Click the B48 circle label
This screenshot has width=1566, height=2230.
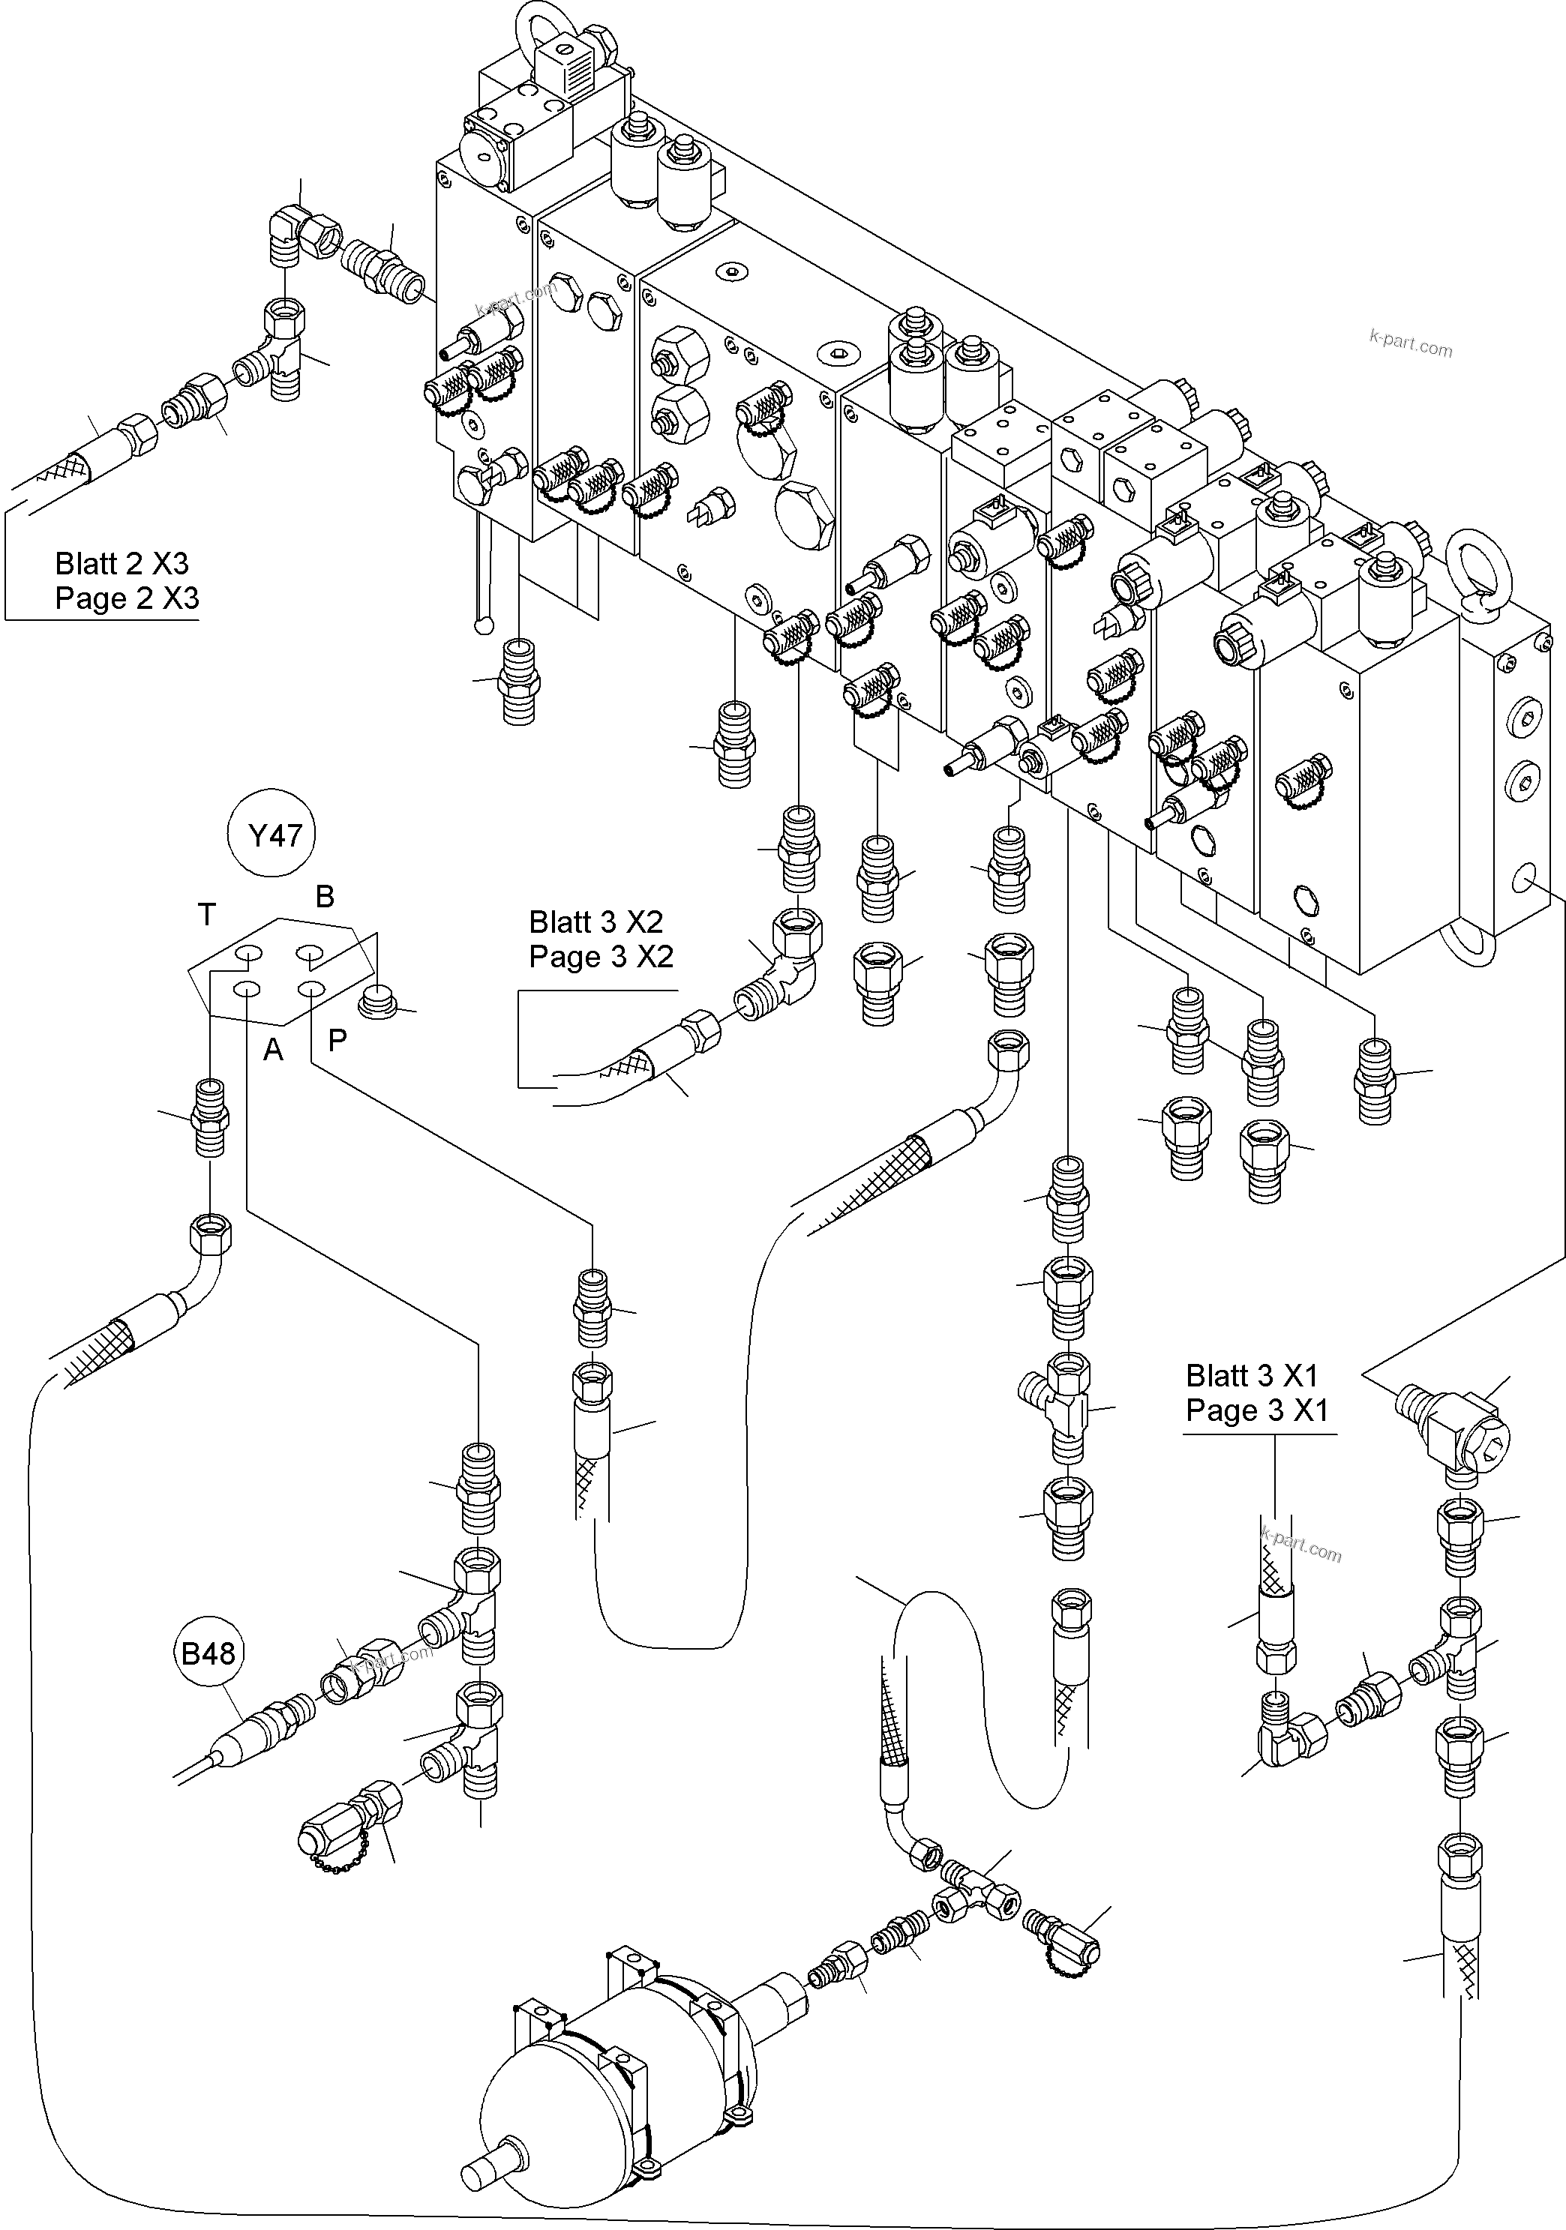tap(208, 1653)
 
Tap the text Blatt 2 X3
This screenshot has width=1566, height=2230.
tap(121, 563)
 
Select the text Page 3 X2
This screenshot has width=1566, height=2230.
tap(600, 957)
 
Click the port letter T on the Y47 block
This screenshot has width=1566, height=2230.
tap(206, 914)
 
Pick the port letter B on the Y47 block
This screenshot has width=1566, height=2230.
tap(325, 897)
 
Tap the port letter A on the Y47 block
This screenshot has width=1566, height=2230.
tap(273, 1050)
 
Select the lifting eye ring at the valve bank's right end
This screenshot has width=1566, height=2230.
tap(1476, 573)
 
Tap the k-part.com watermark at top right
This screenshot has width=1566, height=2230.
tap(1411, 343)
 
